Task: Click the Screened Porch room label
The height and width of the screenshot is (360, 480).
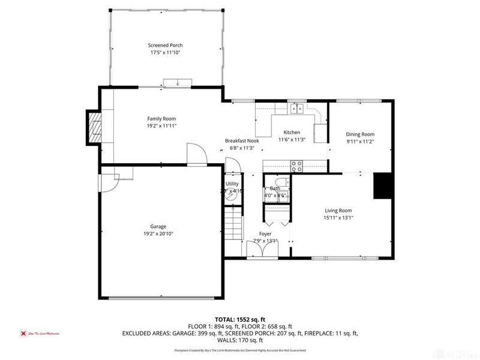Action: pyautogui.click(x=165, y=45)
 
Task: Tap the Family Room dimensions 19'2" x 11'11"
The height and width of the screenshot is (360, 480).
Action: pyautogui.click(x=162, y=127)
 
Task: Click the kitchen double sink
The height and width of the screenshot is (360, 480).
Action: pyautogui.click(x=296, y=108)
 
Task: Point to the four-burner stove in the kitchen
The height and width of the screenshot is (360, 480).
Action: pyautogui.click(x=296, y=164)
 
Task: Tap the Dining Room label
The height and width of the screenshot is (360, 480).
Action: pyautogui.click(x=360, y=134)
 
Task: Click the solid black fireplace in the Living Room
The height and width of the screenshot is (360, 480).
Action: pyautogui.click(x=382, y=185)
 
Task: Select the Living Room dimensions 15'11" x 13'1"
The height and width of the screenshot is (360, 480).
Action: pyautogui.click(x=338, y=218)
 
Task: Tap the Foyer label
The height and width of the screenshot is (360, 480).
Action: pyautogui.click(x=265, y=233)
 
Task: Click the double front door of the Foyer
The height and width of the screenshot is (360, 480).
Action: pyautogui.click(x=262, y=257)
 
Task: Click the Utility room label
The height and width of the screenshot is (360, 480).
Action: pyautogui.click(x=232, y=184)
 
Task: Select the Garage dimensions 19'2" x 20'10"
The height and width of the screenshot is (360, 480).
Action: pyautogui.click(x=158, y=233)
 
